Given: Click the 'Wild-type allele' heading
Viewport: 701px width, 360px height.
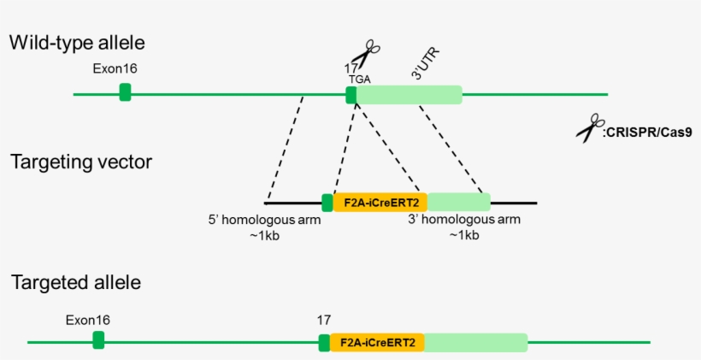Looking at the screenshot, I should (77, 42).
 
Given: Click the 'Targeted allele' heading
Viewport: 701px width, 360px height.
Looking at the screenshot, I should (75, 282).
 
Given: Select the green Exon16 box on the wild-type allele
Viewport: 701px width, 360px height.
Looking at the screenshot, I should (126, 92).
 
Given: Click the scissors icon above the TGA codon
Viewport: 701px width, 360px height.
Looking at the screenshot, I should (365, 54).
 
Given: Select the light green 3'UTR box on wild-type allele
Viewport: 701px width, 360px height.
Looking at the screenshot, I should (409, 94).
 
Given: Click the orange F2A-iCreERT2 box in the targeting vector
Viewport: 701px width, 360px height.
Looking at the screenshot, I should (380, 203).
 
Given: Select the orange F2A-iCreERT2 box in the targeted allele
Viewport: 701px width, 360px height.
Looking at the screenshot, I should (377, 343).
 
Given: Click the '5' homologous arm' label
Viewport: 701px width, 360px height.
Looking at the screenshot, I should (265, 221).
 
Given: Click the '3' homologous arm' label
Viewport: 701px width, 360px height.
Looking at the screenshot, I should (463, 220).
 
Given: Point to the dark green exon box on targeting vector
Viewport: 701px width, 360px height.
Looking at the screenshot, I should (327, 203).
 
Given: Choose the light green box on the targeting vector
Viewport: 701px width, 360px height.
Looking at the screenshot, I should (458, 203).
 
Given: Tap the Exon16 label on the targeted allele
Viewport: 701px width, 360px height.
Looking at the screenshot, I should (87, 320).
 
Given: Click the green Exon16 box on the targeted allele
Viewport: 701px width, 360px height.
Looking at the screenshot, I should (98, 340).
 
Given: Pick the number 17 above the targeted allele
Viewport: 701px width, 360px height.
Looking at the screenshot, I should (323, 320).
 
